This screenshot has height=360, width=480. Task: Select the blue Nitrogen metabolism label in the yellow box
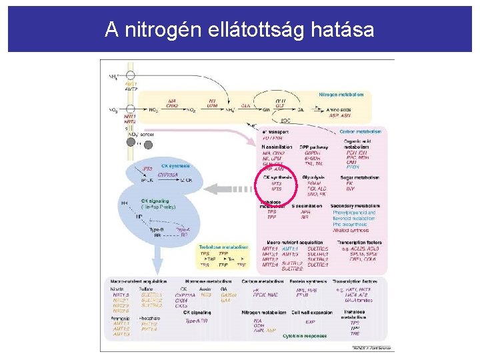pos(341,95)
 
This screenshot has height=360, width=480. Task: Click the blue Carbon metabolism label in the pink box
pos(361,131)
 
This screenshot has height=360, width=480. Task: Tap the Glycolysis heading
pos(313,177)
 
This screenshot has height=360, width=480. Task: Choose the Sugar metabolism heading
pos(360,177)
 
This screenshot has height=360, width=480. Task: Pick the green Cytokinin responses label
pos(305,336)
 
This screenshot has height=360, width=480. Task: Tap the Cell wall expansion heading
pos(314,312)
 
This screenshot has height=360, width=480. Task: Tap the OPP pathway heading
pos(313,146)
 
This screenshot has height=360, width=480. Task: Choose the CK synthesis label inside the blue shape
pos(175,165)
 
